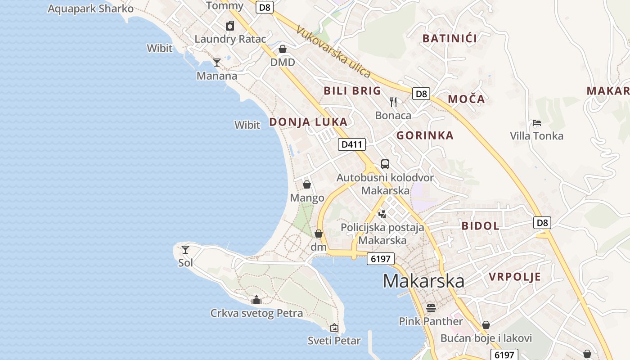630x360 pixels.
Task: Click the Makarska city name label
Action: (423, 281)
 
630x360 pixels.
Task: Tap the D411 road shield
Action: (351, 144)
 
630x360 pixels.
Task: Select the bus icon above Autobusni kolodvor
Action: (385, 164)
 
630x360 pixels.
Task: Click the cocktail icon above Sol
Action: (185, 249)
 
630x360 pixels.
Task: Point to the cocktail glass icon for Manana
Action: (217, 62)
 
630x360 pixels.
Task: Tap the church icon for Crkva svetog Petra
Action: (256, 300)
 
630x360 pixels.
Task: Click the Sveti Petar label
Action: (334, 341)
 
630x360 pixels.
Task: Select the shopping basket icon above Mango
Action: (307, 184)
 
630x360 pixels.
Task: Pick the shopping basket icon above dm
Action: (319, 234)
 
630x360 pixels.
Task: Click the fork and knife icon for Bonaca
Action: (394, 102)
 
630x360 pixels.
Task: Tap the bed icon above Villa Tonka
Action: (536, 122)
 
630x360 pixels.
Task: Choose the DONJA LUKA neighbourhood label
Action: (308, 122)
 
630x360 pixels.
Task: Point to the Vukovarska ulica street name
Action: (333, 51)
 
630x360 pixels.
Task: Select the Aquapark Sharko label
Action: (90, 9)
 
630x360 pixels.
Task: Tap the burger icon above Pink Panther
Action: (431, 308)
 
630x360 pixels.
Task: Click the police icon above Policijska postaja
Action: (382, 214)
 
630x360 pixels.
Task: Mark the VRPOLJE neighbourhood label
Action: (515, 277)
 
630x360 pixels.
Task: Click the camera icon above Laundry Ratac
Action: (230, 26)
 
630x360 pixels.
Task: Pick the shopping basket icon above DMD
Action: (283, 49)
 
